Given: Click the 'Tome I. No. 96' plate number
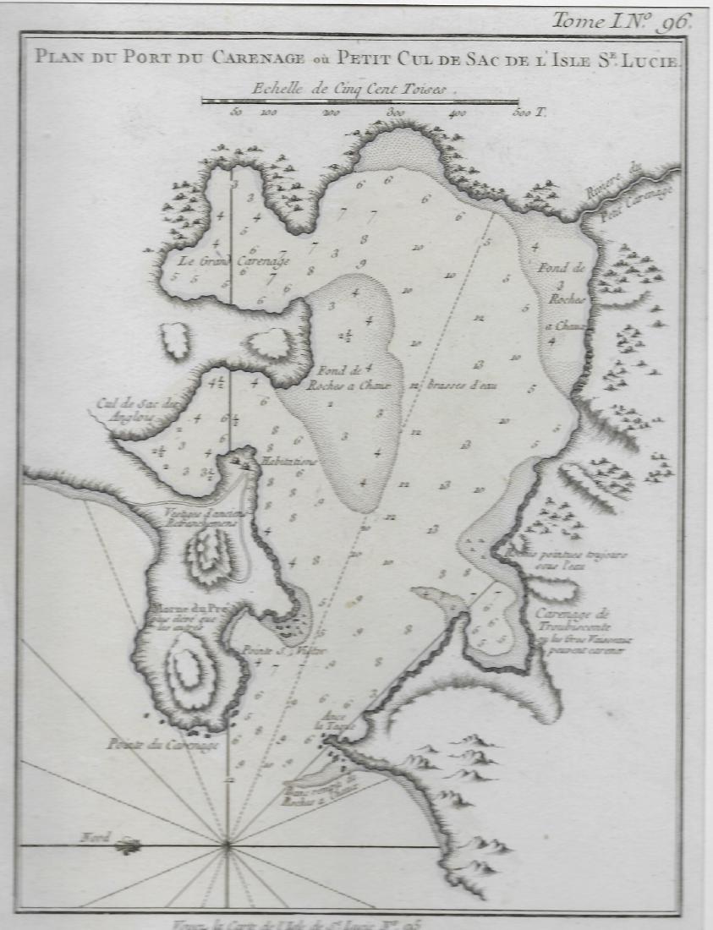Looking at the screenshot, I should point(622,20).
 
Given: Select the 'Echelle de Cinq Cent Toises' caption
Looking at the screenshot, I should point(354,87).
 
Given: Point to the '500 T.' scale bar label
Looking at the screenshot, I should point(526,112).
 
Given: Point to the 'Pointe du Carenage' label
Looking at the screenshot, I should point(163,745).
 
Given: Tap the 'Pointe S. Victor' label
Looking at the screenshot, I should point(272,651).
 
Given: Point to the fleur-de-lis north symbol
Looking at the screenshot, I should point(129,844).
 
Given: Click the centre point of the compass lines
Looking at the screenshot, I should point(227,843).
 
